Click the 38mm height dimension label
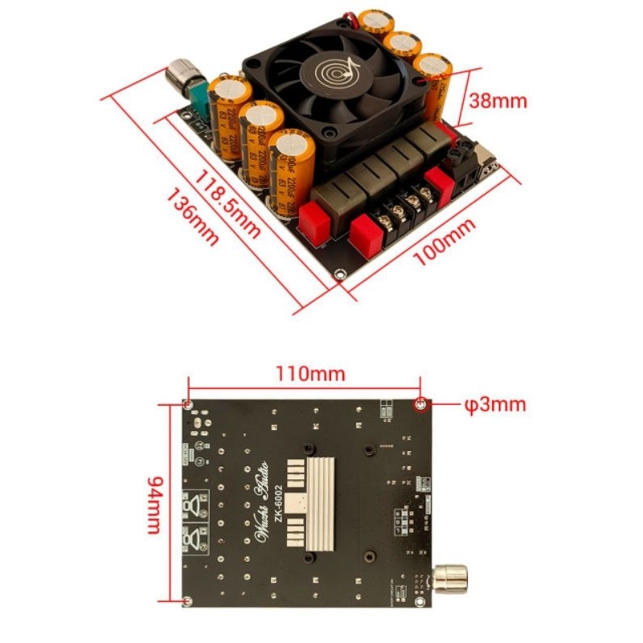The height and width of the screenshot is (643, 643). [x=498, y=100]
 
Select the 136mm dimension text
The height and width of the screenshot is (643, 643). [x=192, y=219]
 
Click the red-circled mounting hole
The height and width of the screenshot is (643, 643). [x=420, y=403]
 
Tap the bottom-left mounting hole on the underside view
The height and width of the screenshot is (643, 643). [x=187, y=601]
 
